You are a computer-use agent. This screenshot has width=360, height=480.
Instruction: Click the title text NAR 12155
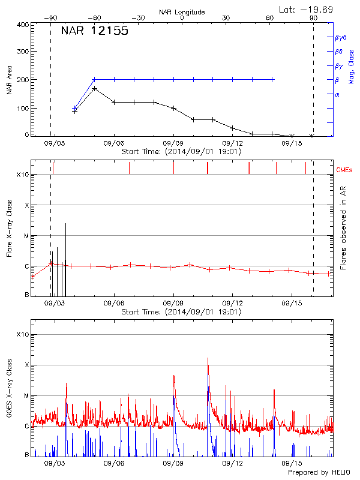[x=94, y=31]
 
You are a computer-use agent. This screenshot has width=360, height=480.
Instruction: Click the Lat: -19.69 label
[x=307, y=9]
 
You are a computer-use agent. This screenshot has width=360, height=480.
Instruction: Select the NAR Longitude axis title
[x=182, y=12]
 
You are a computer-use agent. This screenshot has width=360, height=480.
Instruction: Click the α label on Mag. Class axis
[x=337, y=94]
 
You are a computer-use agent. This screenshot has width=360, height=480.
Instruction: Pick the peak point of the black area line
[x=95, y=88]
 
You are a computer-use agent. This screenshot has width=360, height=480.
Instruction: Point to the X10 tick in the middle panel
[x=23, y=175]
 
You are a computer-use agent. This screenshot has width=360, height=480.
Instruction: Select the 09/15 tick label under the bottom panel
[x=292, y=463]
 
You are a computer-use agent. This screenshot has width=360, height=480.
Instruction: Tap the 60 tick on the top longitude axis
[x=270, y=18]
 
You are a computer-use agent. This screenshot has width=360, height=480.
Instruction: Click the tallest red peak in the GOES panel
[x=208, y=359]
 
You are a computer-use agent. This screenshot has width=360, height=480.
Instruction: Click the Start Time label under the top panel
[x=181, y=152]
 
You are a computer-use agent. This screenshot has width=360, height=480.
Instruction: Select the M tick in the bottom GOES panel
[x=26, y=396]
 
